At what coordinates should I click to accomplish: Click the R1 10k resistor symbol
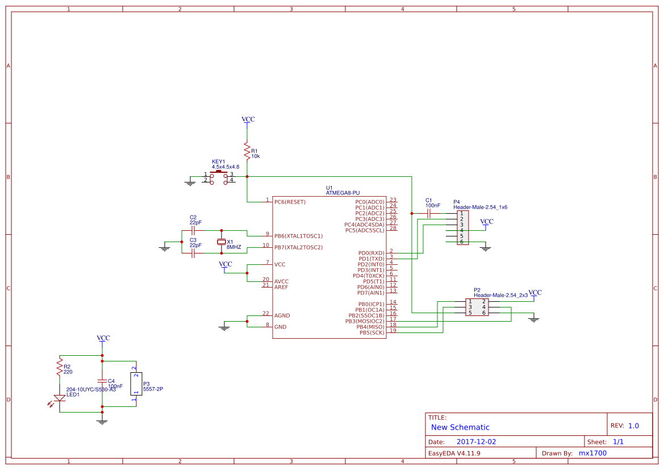point(247,151)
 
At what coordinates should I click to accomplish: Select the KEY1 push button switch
point(219,177)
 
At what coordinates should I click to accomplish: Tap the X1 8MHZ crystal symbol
point(222,242)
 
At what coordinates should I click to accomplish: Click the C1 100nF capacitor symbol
point(429,214)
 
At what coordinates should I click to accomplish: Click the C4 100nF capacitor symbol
point(102,381)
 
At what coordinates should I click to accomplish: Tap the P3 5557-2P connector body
point(135,384)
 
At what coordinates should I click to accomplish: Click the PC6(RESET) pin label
point(290,202)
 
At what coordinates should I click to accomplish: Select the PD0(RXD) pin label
point(370,253)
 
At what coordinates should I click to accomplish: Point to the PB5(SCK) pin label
point(371,332)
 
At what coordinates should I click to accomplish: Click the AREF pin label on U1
point(281,287)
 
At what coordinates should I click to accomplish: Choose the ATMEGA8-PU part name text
point(343,193)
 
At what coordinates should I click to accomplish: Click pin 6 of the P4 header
point(461,242)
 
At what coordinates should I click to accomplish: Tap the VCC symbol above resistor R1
point(248,120)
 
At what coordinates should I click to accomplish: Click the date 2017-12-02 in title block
point(476,442)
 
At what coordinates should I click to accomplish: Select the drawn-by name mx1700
point(592,454)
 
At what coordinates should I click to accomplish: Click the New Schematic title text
point(460,427)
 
